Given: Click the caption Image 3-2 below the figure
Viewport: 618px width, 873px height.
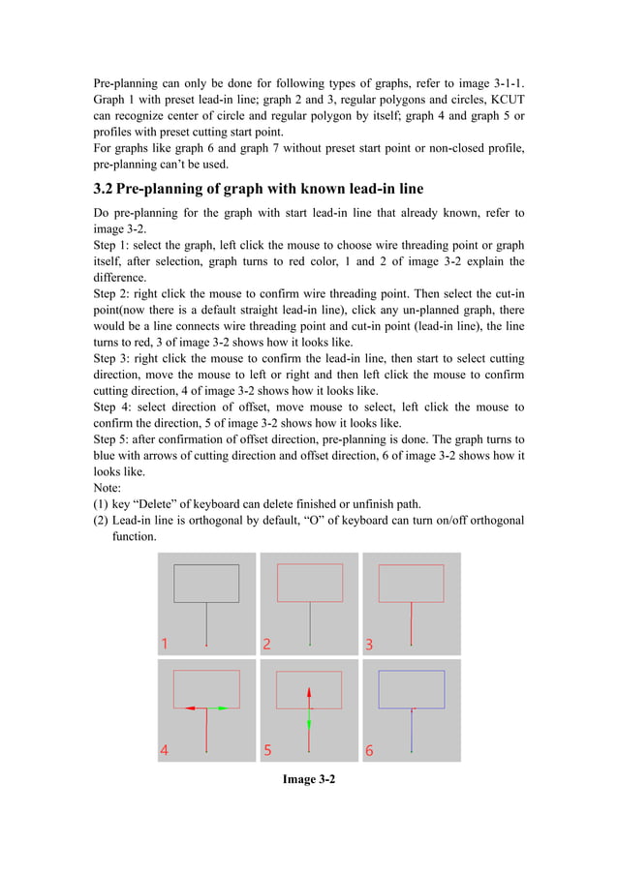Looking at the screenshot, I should coord(309,779).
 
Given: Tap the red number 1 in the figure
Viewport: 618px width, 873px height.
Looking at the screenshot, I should coord(165,644).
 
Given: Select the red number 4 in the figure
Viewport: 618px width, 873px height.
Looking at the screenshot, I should coord(165,749).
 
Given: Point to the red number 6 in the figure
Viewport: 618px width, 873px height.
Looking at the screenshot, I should coord(369,750).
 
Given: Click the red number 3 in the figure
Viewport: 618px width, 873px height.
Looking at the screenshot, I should coord(369,644).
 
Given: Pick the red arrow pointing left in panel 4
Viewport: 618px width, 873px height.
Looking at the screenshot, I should coord(192,708).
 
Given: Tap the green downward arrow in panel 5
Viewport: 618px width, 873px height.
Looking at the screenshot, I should coord(309,721).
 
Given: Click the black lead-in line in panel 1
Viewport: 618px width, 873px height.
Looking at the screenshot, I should coord(206,623).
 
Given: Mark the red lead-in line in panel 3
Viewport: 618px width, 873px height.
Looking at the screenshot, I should coord(412,623).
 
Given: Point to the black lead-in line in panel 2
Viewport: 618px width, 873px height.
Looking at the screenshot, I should coord(310,623).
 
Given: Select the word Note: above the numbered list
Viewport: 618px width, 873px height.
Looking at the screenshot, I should coord(108,488).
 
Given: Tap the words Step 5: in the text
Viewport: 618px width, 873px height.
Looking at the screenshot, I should coord(115,439).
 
